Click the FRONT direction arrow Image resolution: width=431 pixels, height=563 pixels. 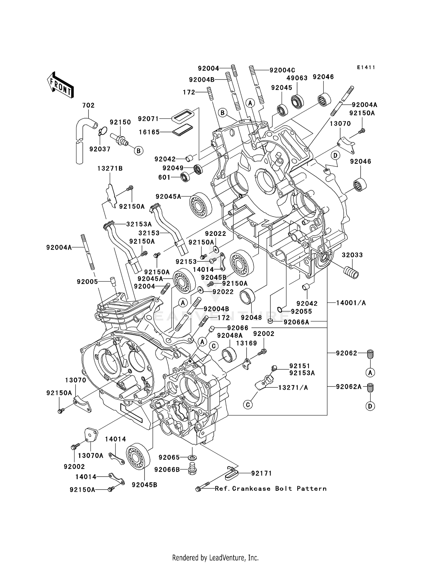[x=60, y=85]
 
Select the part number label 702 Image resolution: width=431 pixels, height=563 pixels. [x=88, y=105]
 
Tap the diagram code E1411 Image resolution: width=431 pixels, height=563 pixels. [x=366, y=67]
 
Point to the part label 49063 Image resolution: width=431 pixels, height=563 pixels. [x=297, y=78]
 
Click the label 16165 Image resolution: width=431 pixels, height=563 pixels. [x=149, y=132]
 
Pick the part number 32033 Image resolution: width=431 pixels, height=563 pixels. [x=352, y=255]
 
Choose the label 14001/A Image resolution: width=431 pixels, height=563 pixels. [x=351, y=303]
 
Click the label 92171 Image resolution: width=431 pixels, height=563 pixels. [x=261, y=473]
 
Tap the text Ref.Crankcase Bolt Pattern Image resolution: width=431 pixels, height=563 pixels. [x=271, y=488]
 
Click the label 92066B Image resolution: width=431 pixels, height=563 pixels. [x=167, y=469]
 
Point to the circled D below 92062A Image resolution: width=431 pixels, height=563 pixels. [x=370, y=406]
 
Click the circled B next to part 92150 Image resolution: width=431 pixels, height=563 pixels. [x=138, y=151]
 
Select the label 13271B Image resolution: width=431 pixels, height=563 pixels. [x=110, y=168]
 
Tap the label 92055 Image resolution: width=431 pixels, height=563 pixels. [x=301, y=311]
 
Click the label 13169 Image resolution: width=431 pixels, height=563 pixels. [x=246, y=343]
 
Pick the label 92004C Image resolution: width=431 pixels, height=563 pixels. [x=282, y=70]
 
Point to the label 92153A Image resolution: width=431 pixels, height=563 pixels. [x=302, y=373]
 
